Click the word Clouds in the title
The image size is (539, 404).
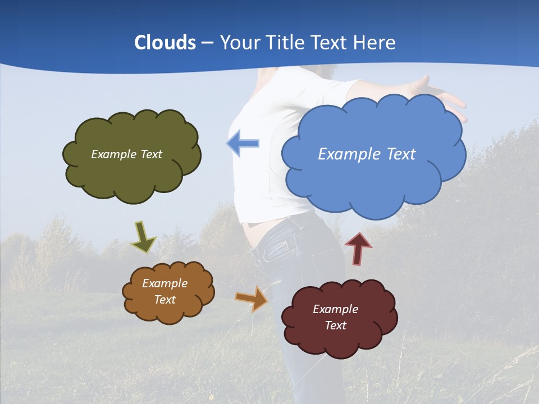point(165,43)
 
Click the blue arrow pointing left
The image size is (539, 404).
point(243,143)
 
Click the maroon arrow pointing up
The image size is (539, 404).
point(358,248)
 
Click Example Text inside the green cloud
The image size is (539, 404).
point(126,154)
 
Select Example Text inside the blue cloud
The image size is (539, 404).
point(367,154)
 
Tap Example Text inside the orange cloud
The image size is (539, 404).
point(165,292)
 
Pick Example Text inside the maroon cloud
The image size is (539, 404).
point(335,317)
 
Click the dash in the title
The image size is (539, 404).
point(207,43)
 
